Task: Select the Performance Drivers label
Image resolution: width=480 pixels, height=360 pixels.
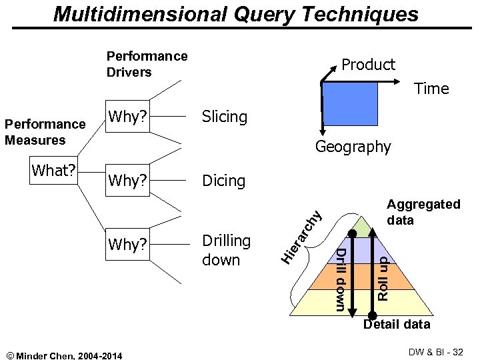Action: (x=147, y=64)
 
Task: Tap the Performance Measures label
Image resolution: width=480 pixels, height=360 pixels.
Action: (x=45, y=132)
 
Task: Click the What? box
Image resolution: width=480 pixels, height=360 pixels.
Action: (x=53, y=170)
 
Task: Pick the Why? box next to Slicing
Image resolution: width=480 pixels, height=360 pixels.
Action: (x=127, y=117)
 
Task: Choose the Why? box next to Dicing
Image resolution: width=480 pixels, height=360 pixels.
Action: (x=127, y=181)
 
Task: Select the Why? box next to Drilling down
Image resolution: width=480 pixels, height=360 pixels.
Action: (x=127, y=245)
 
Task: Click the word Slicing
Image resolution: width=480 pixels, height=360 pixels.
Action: (x=224, y=117)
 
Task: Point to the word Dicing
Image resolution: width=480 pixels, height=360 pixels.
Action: (x=223, y=181)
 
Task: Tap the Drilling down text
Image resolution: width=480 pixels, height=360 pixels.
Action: (x=226, y=250)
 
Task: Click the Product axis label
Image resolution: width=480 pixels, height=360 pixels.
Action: (x=368, y=65)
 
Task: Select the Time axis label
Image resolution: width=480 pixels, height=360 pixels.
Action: (x=431, y=89)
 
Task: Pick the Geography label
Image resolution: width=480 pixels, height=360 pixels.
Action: (x=353, y=147)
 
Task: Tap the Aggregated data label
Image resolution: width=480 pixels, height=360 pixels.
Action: (x=423, y=212)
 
